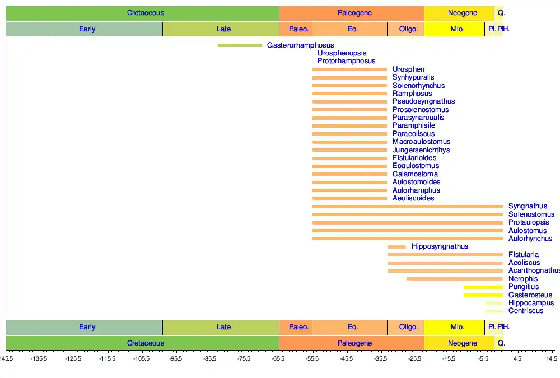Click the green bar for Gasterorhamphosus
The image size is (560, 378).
tap(240, 45)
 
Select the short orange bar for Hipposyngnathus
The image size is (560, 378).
tap(396, 247)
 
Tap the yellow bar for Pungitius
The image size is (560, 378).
tap(483, 287)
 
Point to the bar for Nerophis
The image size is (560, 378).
tap(455, 279)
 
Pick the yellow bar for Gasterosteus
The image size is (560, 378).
tap(483, 295)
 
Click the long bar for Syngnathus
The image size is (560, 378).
tap(407, 207)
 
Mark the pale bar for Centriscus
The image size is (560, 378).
tap(493, 311)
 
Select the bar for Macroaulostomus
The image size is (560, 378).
tap(349, 142)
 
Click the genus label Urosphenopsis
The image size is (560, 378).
tap(342, 53)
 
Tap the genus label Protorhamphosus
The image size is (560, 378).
tap(346, 61)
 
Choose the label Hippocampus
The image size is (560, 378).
tap(531, 303)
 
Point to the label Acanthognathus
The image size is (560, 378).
tap(534, 271)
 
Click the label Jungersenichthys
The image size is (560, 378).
tap(421, 150)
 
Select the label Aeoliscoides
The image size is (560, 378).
tap(413, 198)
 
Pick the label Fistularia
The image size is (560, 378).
tap(524, 255)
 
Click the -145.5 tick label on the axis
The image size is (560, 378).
tap(6, 358)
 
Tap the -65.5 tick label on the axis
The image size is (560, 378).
tap(279, 358)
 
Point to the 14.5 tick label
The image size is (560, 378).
tap(552, 358)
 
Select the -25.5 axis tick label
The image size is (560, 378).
tap(415, 358)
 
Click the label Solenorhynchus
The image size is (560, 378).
tap(418, 86)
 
